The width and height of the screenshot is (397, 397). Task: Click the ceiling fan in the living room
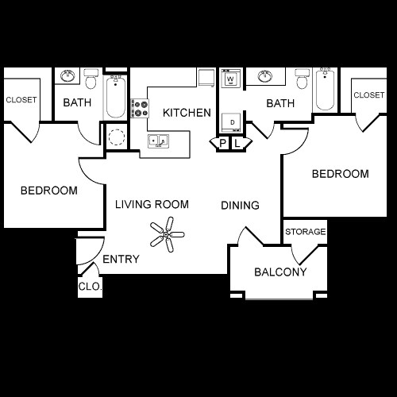tap(166, 234)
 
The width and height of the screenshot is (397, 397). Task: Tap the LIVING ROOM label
tap(152, 205)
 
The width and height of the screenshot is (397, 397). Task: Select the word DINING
tap(240, 206)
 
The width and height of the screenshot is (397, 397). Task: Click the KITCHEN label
tap(187, 113)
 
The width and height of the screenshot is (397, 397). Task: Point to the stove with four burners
tap(140, 108)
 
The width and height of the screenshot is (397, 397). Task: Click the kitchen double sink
tap(157, 141)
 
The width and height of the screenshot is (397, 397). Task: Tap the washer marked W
tap(230, 79)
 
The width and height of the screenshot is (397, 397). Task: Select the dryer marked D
tap(230, 121)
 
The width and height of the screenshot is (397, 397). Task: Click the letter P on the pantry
tap(223, 143)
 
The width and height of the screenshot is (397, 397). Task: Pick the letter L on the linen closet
tap(237, 143)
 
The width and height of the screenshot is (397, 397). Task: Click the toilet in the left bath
tap(91, 80)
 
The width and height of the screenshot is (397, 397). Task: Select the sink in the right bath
tap(264, 77)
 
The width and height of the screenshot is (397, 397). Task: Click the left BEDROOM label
tap(48, 191)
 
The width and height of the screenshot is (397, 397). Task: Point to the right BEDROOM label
tap(340, 174)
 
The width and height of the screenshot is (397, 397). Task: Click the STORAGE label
tap(306, 232)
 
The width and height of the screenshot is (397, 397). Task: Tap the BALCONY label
tap(280, 272)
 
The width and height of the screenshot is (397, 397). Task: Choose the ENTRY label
tap(121, 259)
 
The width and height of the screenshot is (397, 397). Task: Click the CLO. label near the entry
tap(90, 287)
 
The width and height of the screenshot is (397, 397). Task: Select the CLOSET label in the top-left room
tap(22, 100)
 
